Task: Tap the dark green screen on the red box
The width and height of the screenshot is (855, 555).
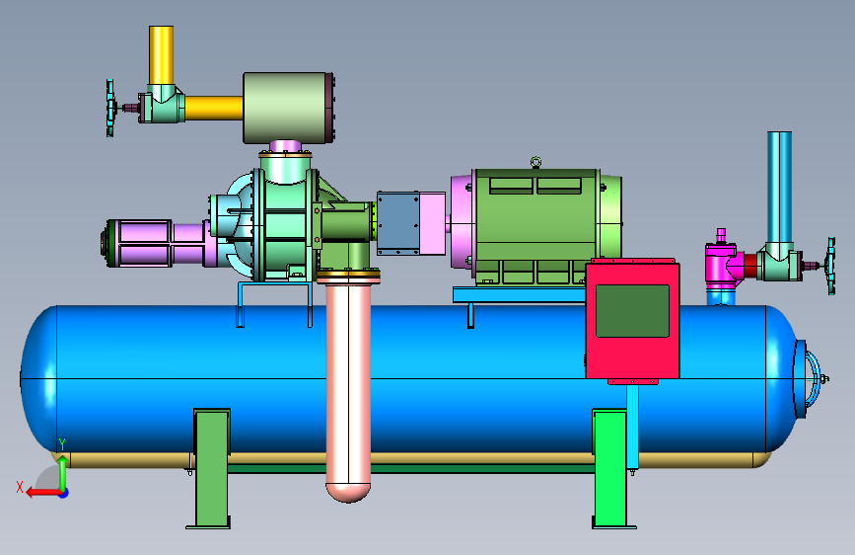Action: [632, 311]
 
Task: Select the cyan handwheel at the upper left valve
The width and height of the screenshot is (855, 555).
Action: [110, 108]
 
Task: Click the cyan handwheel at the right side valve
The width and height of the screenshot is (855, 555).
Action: [831, 266]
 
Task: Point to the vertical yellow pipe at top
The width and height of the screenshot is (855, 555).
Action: [162, 54]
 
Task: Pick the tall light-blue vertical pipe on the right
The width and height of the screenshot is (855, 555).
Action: [780, 188]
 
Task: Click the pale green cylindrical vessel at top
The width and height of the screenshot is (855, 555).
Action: [288, 108]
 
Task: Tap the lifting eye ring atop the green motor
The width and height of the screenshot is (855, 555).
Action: [536, 162]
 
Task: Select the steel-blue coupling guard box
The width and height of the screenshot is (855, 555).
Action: [398, 223]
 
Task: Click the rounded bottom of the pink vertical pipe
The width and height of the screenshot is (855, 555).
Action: [348, 492]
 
